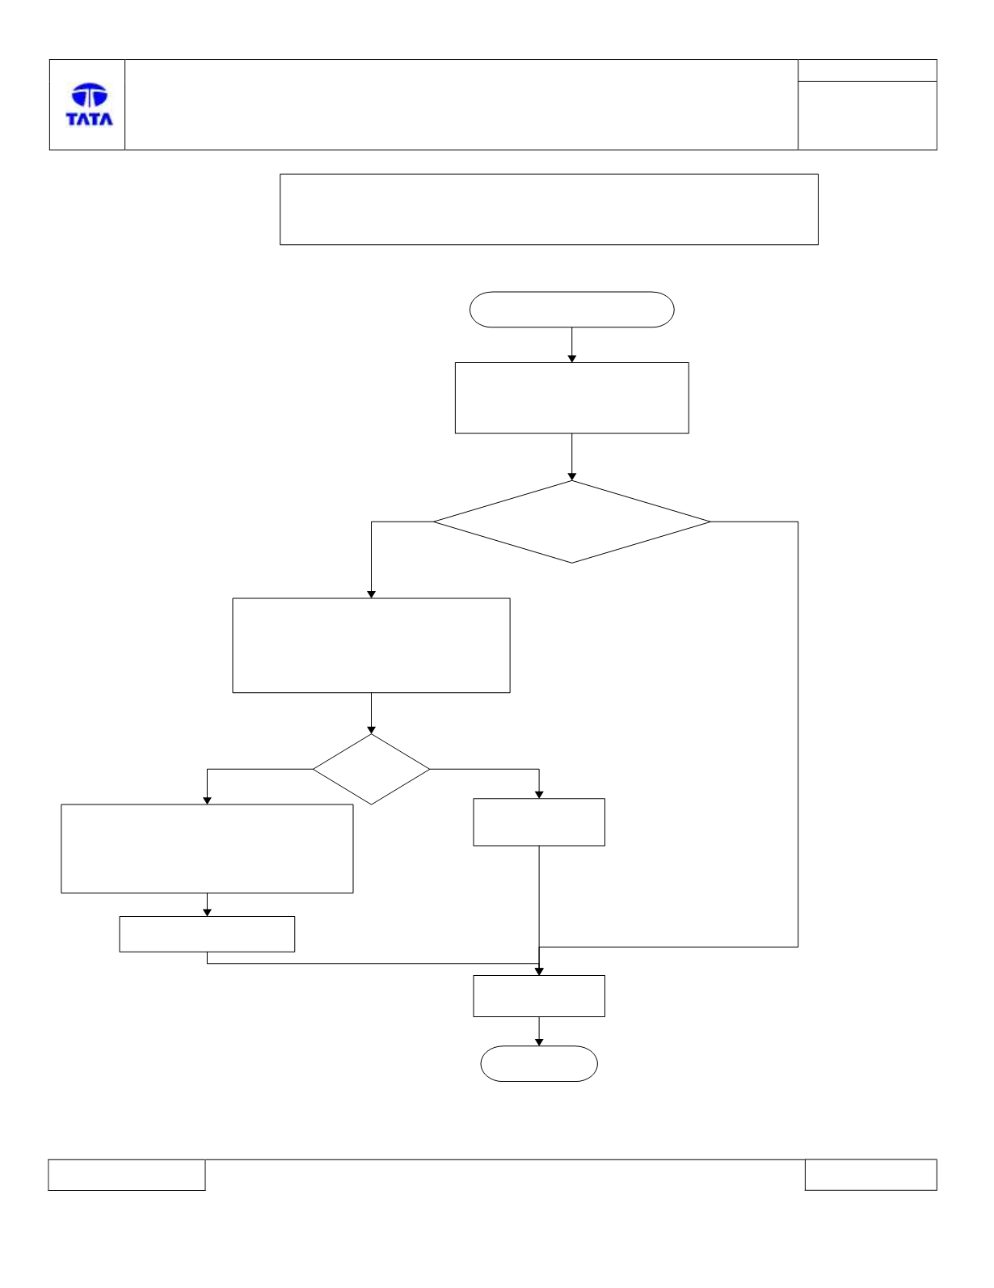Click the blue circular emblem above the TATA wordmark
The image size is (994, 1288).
pyautogui.click(x=90, y=95)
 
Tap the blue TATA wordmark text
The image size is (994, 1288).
pyautogui.click(x=90, y=119)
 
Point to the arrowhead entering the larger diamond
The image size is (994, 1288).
pyautogui.click(x=571, y=476)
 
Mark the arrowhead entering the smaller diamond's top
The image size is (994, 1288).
pyautogui.click(x=372, y=730)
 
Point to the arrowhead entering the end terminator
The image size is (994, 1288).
pyautogui.click(x=539, y=1042)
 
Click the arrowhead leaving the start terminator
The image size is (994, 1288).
pyautogui.click(x=571, y=359)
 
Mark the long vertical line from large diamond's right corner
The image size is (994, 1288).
pyautogui.click(x=798, y=734)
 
